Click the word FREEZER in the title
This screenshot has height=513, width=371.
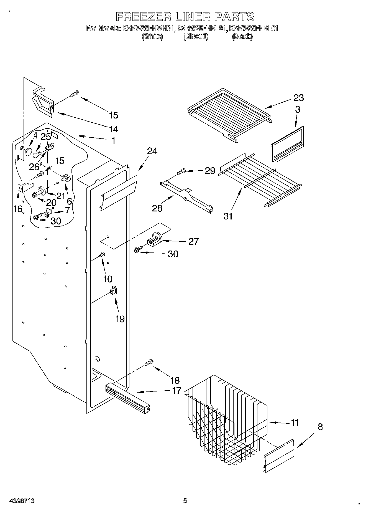pyautogui.click(x=143, y=17)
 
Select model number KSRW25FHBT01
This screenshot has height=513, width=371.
pyautogui.click(x=202, y=28)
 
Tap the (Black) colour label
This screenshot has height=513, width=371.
pyautogui.click(x=242, y=36)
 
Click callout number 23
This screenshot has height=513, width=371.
pyautogui.click(x=299, y=98)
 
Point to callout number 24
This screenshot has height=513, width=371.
pyautogui.click(x=152, y=151)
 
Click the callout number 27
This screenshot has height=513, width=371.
pyautogui.click(x=193, y=241)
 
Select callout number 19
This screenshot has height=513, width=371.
pyautogui.click(x=120, y=319)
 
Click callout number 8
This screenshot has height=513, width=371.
pyautogui.click(x=320, y=427)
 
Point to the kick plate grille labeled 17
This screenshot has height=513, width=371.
pyautogui.click(x=127, y=396)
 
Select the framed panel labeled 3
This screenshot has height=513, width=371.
pyautogui.click(x=287, y=145)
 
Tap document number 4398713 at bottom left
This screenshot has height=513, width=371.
pyautogui.click(x=22, y=501)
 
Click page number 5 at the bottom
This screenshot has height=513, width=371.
pyautogui.click(x=185, y=501)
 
